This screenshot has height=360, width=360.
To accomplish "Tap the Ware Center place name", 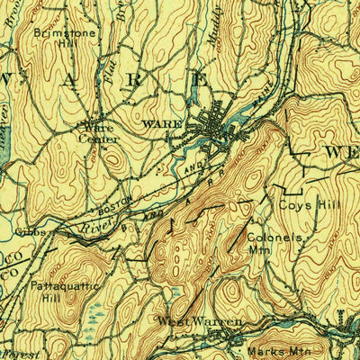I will [98, 132].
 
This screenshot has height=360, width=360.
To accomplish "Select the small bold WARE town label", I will [162, 122].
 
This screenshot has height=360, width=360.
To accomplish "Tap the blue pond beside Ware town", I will [241, 114].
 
